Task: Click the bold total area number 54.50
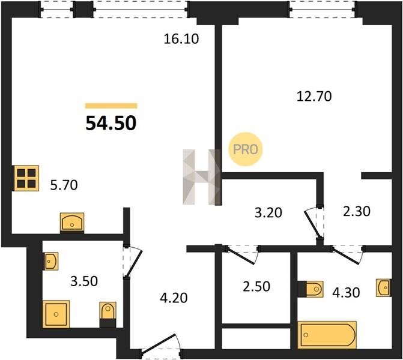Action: pyautogui.click(x=111, y=123)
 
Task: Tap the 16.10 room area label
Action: pyautogui.click(x=181, y=39)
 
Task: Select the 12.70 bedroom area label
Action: pyautogui.click(x=314, y=97)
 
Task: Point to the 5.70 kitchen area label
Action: pyautogui.click(x=64, y=185)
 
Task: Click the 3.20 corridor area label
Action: pyautogui.click(x=268, y=212)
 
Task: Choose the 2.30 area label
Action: pyautogui.click(x=357, y=212)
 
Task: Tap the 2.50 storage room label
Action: pyautogui.click(x=256, y=287)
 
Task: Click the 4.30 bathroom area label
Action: pyautogui.click(x=346, y=292)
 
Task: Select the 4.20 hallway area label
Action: pyautogui.click(x=174, y=298)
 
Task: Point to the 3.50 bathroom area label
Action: pyautogui.click(x=84, y=281)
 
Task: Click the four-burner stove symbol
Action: pyautogui.click(x=26, y=178)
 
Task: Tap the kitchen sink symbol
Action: pyautogui.click(x=72, y=223)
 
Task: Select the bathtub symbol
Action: pyautogui.click(x=327, y=335)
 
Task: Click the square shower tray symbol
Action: pyautogui.click(x=56, y=314)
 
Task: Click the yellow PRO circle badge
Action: pyautogui.click(x=245, y=149)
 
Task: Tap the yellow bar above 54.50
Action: pyautogui.click(x=111, y=106)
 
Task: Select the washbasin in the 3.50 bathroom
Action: pyautogui.click(x=51, y=262)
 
